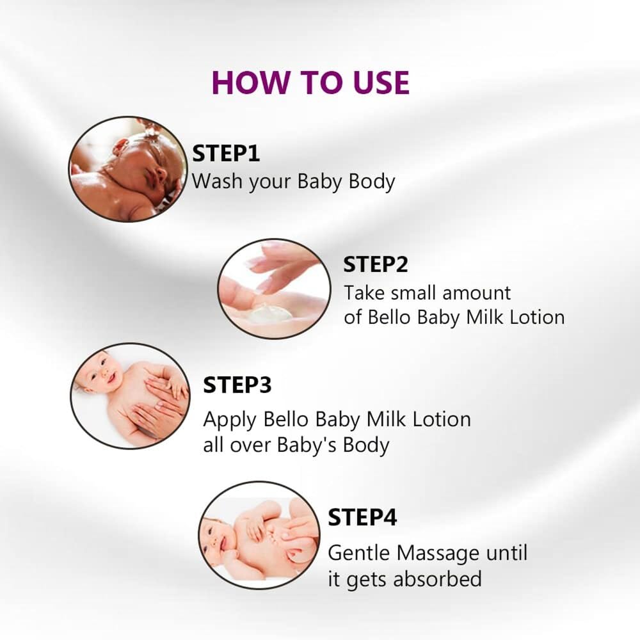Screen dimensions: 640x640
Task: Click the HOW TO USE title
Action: pyautogui.click(x=310, y=83)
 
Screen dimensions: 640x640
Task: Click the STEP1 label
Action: pyautogui.click(x=226, y=154)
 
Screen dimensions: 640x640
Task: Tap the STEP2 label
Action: pyautogui.click(x=376, y=264)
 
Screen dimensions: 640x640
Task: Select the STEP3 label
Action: pyautogui.click(x=237, y=385)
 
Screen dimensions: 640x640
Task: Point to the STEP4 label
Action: pyautogui.click(x=362, y=518)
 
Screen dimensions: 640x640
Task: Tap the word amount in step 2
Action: pyautogui.click(x=476, y=293)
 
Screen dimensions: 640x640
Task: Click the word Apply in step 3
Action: pyautogui.click(x=230, y=420)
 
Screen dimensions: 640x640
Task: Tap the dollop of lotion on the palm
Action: pyautogui.click(x=270, y=315)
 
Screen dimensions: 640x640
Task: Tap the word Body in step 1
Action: pyautogui.click(x=372, y=182)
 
